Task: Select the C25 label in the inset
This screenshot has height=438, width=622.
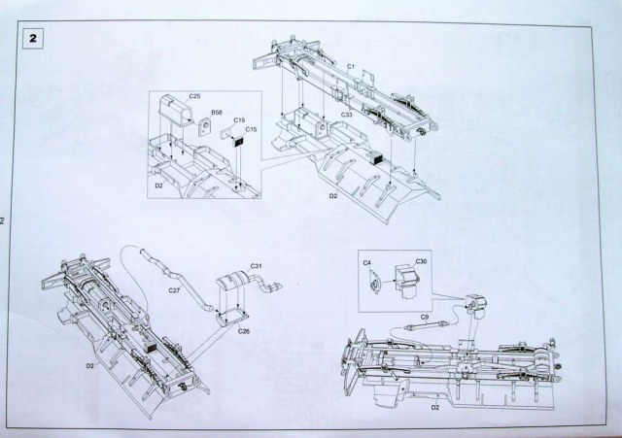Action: point(194,97)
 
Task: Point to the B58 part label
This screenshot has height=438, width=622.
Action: point(216,113)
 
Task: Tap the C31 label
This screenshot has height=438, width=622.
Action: point(257,265)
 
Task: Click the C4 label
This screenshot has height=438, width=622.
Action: point(368,262)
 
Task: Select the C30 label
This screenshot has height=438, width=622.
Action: point(421,261)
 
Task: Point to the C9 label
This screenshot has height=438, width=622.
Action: point(425,318)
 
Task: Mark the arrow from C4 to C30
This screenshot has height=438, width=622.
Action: point(386,280)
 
